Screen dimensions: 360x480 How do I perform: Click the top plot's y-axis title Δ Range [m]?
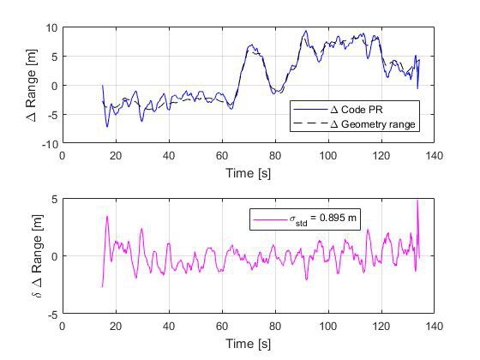(31, 86)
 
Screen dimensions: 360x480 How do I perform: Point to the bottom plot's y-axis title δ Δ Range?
(31, 256)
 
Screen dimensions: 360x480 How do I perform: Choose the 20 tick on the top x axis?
(116, 155)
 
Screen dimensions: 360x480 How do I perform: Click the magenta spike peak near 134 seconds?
(417, 201)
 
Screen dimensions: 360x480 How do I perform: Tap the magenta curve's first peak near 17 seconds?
(107, 216)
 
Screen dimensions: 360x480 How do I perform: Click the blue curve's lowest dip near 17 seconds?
(107, 127)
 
